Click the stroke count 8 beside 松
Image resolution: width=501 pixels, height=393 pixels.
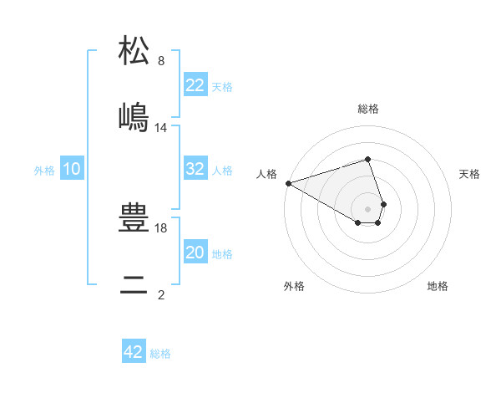pyautogui.click(x=161, y=61)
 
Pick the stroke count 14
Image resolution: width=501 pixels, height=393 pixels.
pyautogui.click(x=161, y=128)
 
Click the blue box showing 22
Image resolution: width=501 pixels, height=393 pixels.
pyautogui.click(x=195, y=85)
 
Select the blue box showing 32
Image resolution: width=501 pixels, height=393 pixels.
pyautogui.click(x=195, y=169)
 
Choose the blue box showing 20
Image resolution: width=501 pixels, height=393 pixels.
pyautogui.click(x=195, y=253)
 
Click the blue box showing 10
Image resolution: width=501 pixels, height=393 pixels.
pyautogui.click(x=72, y=169)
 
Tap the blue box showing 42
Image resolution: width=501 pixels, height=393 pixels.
pyautogui.click(x=134, y=352)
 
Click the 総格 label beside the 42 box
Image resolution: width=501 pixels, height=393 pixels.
pyautogui.click(x=160, y=354)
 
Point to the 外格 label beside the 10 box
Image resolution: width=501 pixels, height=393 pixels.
pyautogui.click(x=44, y=171)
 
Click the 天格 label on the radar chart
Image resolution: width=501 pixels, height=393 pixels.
pyautogui.click(x=470, y=174)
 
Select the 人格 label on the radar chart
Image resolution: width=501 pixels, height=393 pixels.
pyautogui.click(x=266, y=174)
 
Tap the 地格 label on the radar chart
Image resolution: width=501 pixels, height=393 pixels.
pyautogui.click(x=438, y=286)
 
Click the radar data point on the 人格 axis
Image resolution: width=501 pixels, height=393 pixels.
pyautogui.click(x=288, y=183)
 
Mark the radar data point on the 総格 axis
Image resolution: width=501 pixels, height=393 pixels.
pyautogui.click(x=367, y=159)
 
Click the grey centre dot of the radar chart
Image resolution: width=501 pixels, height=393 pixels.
pyautogui.click(x=367, y=209)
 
